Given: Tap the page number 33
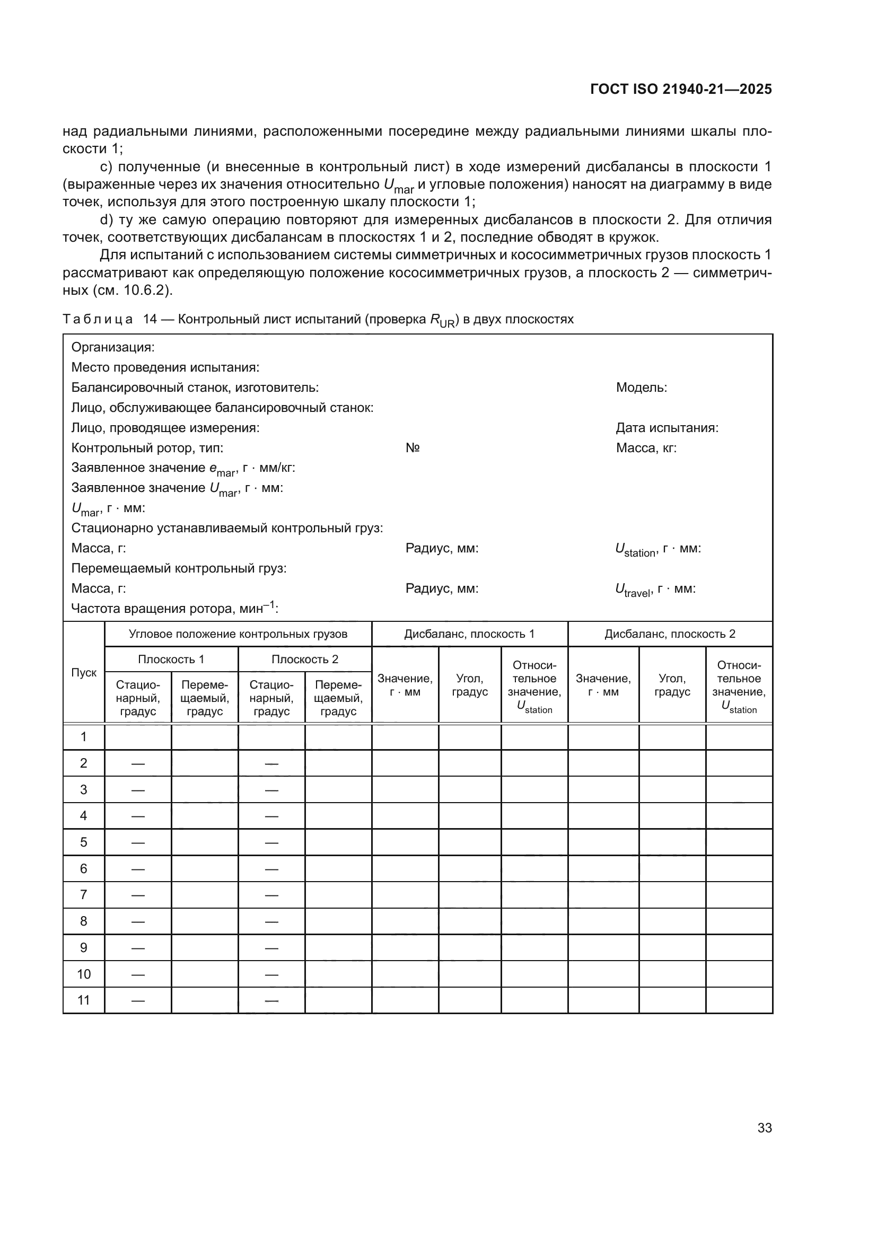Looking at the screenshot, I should (764, 1128).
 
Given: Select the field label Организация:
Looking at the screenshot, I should (113, 347).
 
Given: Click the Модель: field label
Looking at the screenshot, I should (641, 387).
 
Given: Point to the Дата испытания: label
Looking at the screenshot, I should (666, 428).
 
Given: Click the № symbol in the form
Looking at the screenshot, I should (413, 448).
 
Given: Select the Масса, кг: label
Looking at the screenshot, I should (646, 448).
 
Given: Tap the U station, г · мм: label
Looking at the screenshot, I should (657, 549).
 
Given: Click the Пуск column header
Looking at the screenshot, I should (84, 672).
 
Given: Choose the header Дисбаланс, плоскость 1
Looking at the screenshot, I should (469, 634).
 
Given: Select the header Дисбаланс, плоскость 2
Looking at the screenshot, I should (669, 634).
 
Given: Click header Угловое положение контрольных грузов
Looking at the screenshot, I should (238, 634).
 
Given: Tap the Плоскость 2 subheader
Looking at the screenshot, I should (304, 659).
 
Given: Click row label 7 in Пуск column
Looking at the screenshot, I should (84, 895).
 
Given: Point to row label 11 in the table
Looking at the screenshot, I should (84, 1000).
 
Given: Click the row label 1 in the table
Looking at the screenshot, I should (84, 737).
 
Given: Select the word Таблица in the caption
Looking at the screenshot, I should (98, 319).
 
